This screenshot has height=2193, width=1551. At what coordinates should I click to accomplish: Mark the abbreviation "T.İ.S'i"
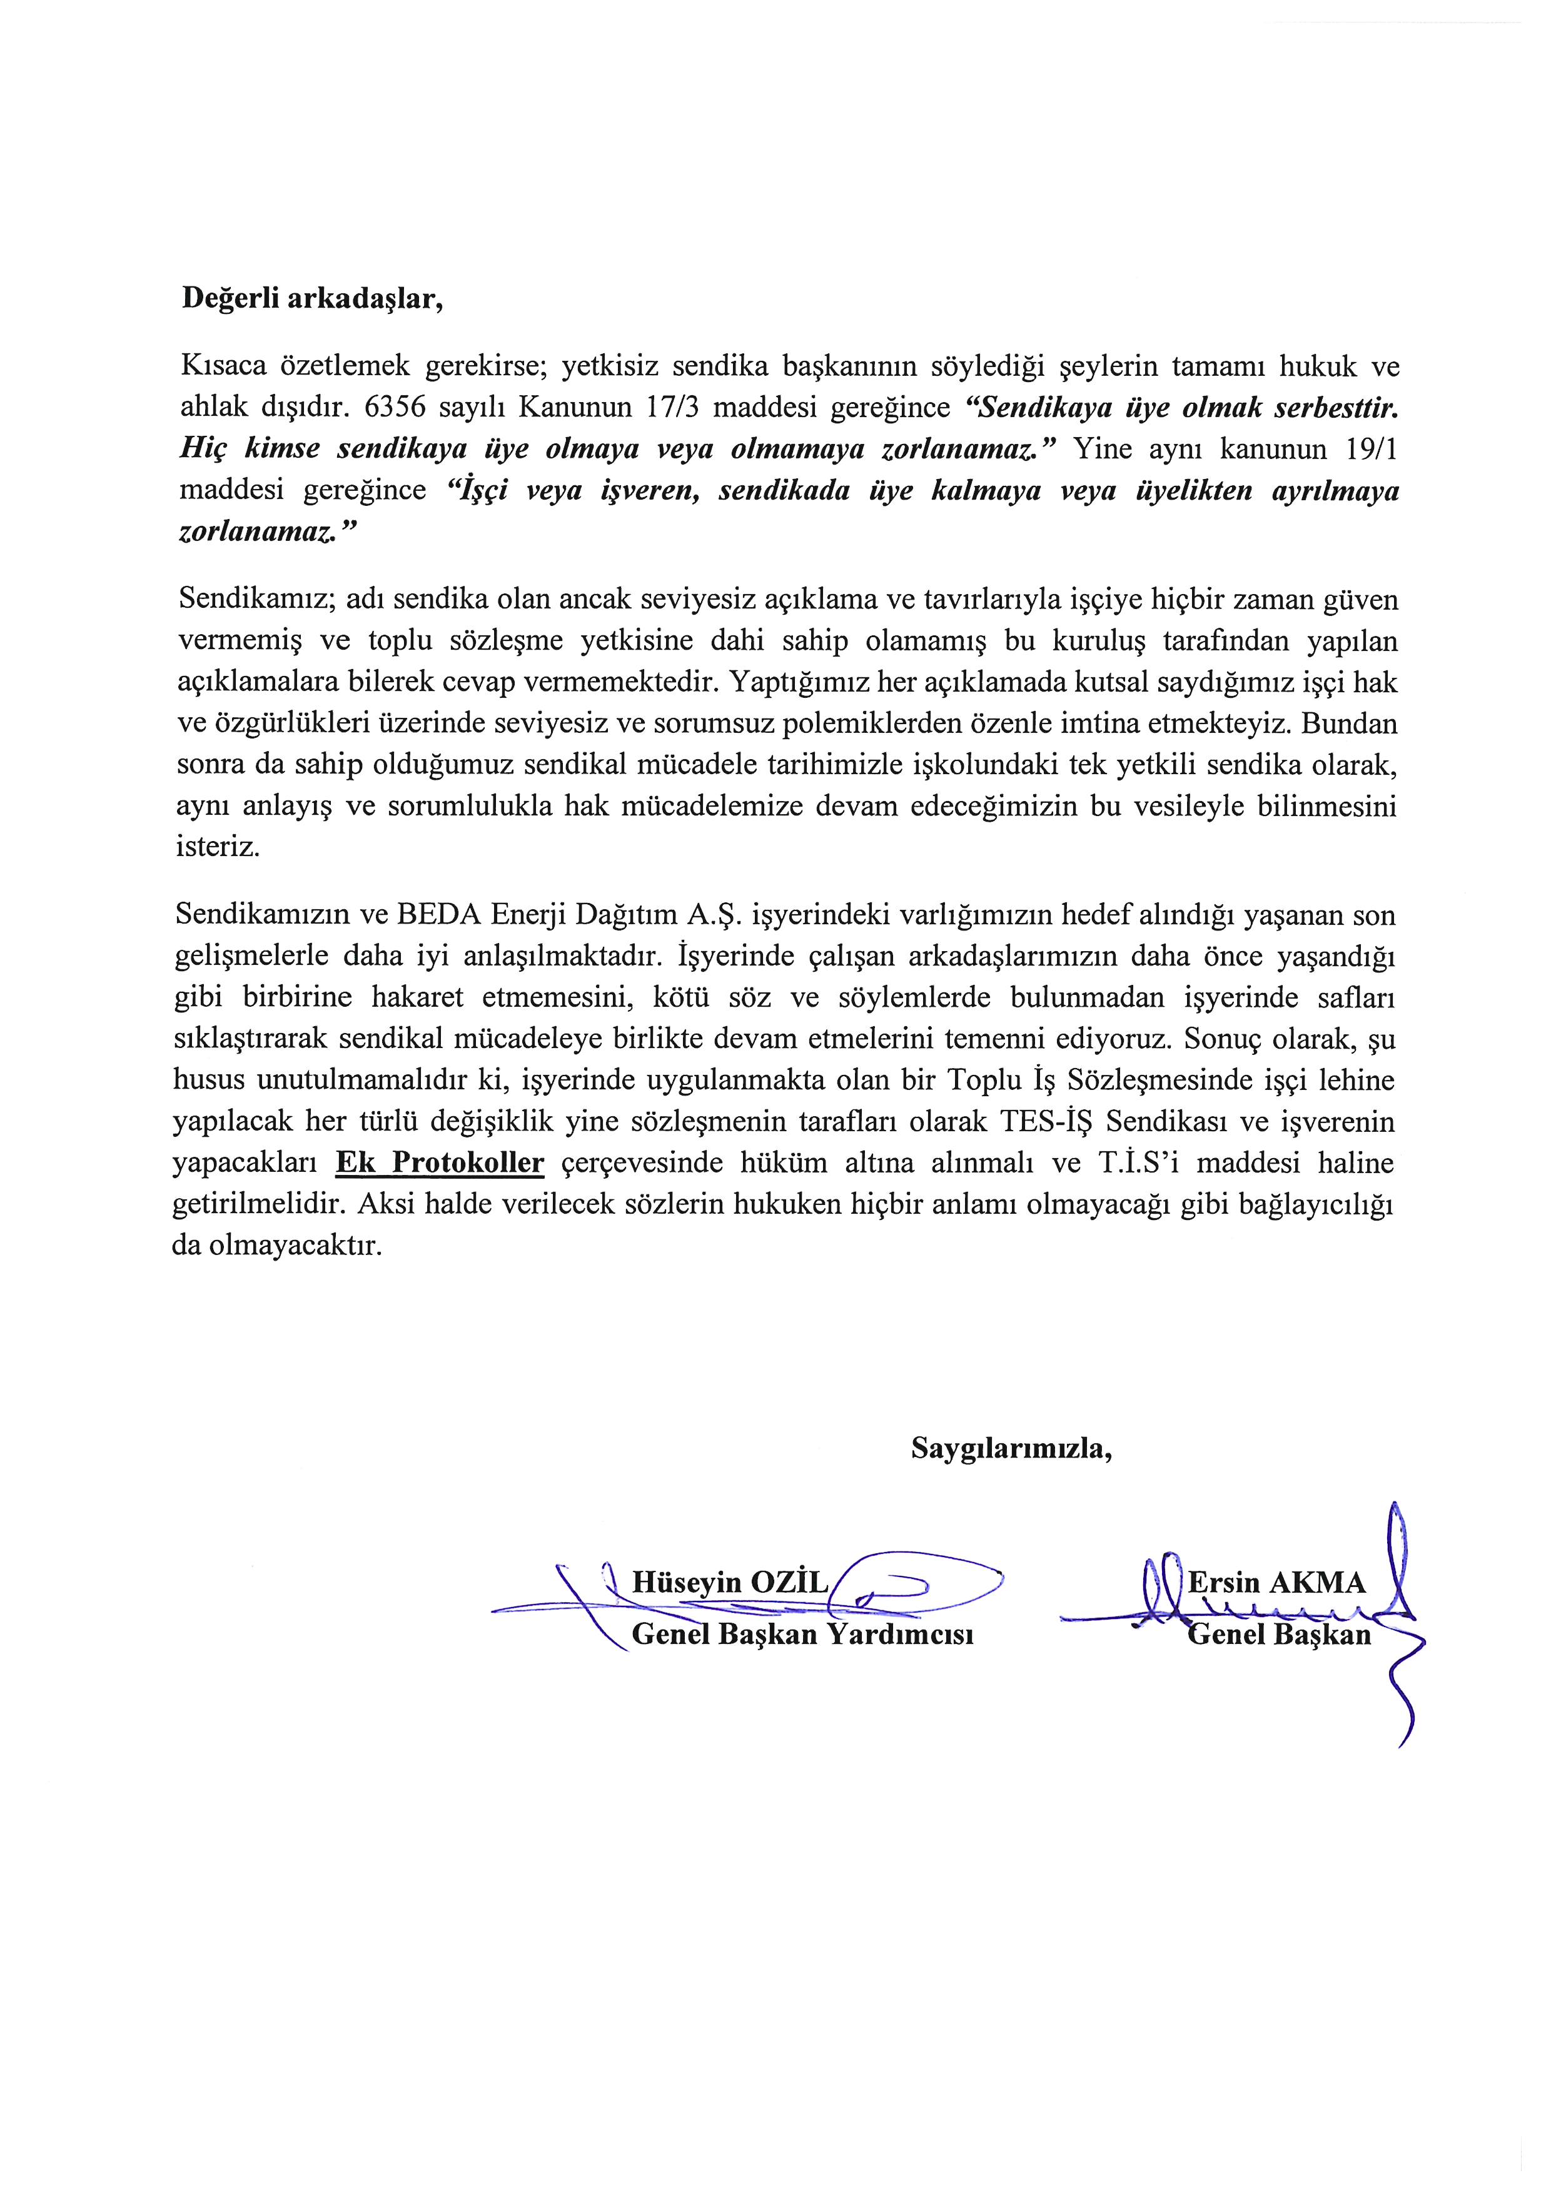coord(1125,1163)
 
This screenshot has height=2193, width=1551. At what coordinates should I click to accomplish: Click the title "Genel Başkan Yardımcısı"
coord(802,1634)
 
